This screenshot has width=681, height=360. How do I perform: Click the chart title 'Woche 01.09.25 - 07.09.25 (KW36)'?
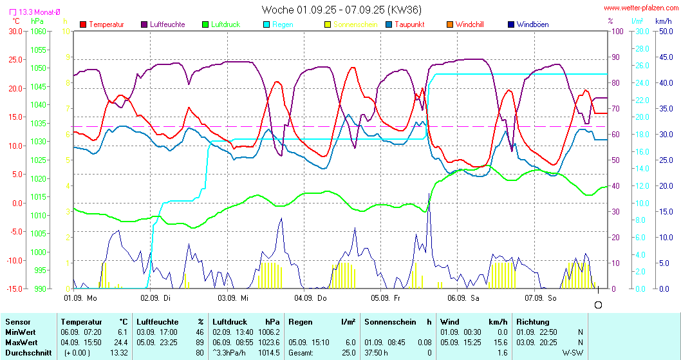click(x=342, y=10)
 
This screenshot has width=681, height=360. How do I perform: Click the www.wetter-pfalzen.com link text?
click(x=640, y=8)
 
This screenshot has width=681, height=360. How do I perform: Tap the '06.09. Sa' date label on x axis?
click(x=463, y=298)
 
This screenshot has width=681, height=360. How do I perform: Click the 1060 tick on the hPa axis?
click(x=38, y=31)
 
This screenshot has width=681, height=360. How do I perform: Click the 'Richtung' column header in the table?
click(x=532, y=321)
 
